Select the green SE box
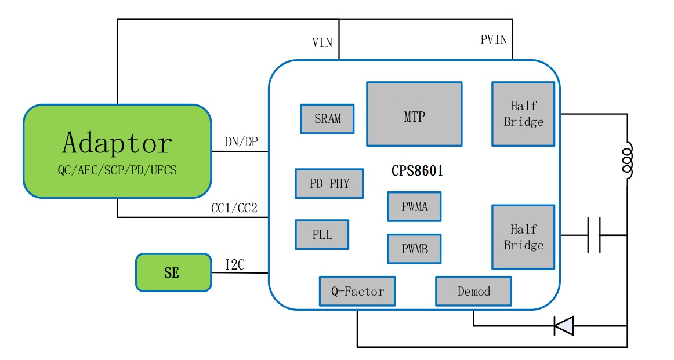(173, 272)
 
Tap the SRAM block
(327, 119)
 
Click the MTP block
(414, 114)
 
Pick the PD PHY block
(329, 184)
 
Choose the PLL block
(322, 235)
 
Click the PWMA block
(414, 206)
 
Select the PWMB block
(414, 249)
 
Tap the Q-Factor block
(357, 291)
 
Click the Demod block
(473, 291)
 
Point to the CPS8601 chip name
(418, 172)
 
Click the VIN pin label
(322, 43)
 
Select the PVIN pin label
(494, 40)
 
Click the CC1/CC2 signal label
(234, 208)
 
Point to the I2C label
(235, 265)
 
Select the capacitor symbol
(593, 235)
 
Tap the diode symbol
(563, 326)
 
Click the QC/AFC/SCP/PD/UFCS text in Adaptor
(117, 169)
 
